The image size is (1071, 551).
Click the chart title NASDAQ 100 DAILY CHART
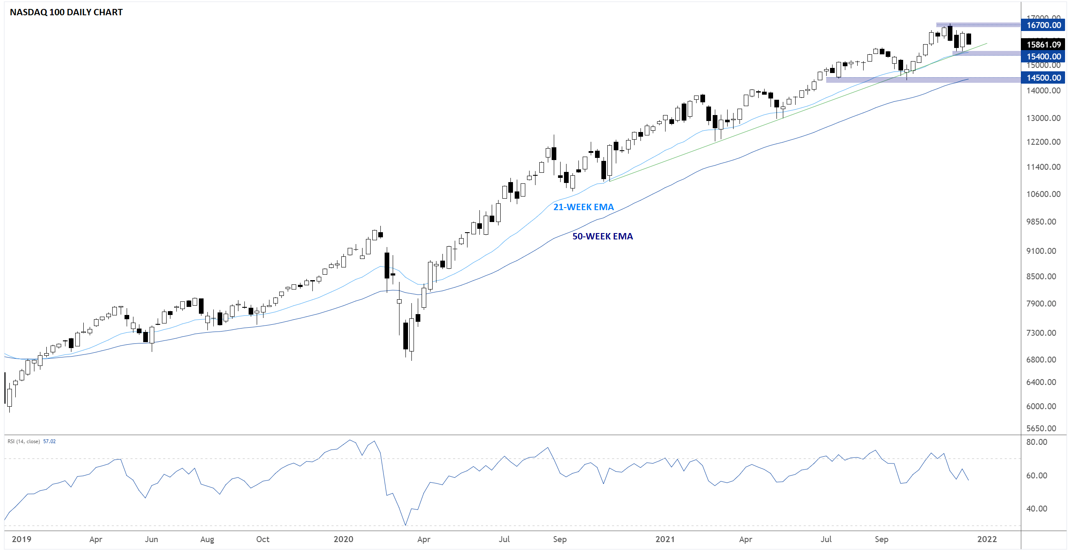coord(66,12)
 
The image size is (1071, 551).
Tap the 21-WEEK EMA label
coord(583,207)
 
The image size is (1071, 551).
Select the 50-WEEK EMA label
coord(602,236)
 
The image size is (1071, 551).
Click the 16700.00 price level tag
coord(1043,25)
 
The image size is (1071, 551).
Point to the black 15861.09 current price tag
coord(1043,45)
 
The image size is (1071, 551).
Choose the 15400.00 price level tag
coord(1043,56)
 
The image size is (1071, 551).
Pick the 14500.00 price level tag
coord(1043,78)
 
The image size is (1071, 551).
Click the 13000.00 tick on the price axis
coord(1043,118)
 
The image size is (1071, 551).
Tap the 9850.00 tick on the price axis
coord(1041,222)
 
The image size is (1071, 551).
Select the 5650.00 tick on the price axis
coord(1041,428)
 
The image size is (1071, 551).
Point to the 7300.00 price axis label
coord(1041,333)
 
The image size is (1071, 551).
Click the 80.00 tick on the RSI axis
coord(1037,442)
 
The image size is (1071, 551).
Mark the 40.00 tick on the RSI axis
coord(1037,509)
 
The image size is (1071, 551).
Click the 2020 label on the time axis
coord(343,539)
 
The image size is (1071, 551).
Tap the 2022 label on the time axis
coord(987,539)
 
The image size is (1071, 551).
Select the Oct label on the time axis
coord(263,539)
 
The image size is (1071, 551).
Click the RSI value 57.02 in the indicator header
coord(49,441)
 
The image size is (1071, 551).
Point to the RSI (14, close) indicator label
coord(24,441)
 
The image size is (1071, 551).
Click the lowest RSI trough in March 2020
coord(405,525)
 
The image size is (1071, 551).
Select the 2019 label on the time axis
coord(21,539)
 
